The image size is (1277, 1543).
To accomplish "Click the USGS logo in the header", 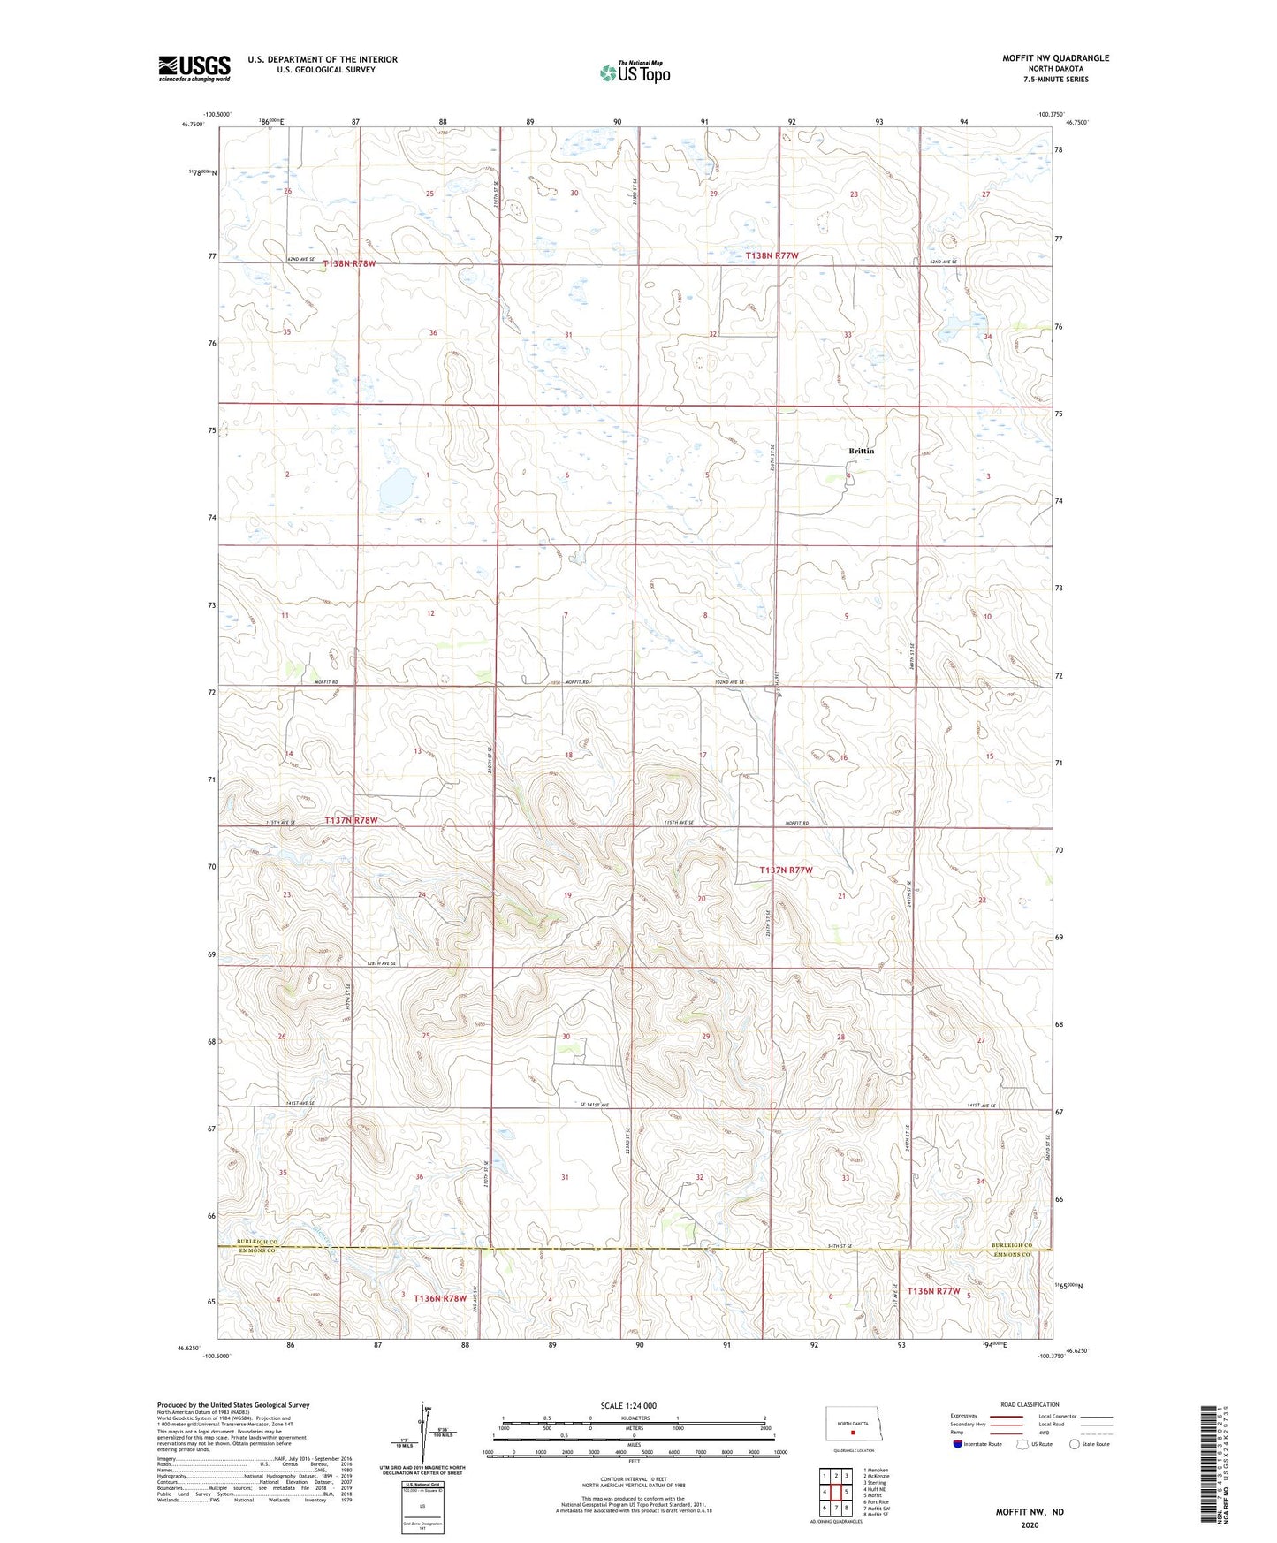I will click(x=194, y=67).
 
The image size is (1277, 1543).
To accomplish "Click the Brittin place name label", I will click(x=861, y=451).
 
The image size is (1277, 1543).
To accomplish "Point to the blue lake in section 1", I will click(x=397, y=485).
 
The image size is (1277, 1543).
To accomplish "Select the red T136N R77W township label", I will click(x=932, y=1290).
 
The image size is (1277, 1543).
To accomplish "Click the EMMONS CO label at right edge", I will click(x=1012, y=1254).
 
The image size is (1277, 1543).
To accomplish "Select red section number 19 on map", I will click(x=567, y=895).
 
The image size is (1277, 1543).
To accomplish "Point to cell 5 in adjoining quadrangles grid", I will click(x=847, y=1492).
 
